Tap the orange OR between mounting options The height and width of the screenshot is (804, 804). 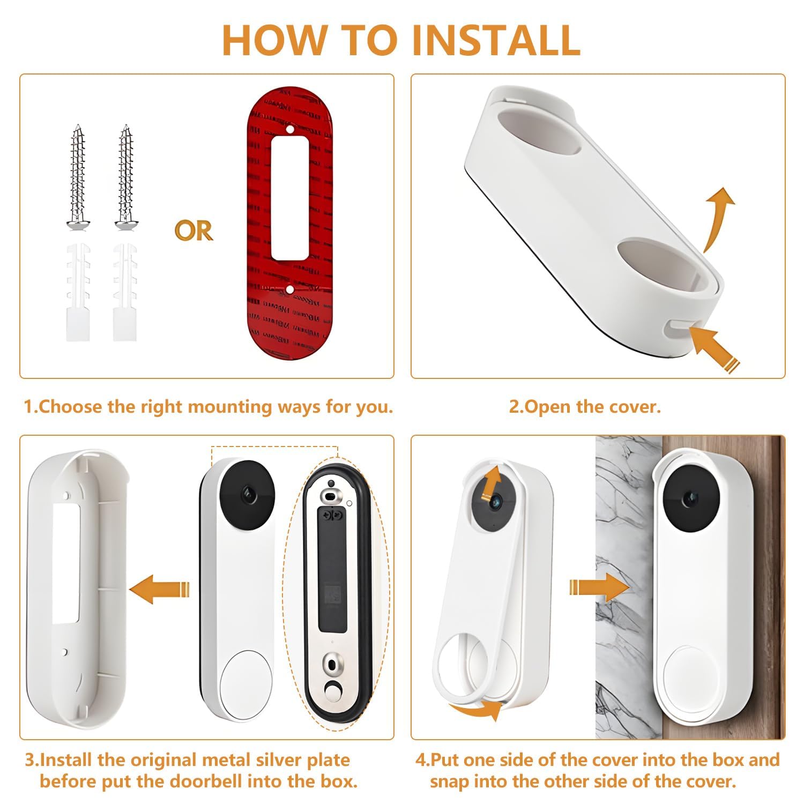pos(193,230)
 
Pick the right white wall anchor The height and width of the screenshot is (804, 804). pos(124,292)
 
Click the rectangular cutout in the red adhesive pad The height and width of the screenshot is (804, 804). pos(289,198)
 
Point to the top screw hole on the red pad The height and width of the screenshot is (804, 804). pos(289,129)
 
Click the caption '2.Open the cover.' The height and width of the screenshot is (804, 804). pos(585,407)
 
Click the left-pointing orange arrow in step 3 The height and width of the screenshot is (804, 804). pos(160,589)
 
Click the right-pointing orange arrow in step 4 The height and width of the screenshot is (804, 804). pos(599,588)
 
